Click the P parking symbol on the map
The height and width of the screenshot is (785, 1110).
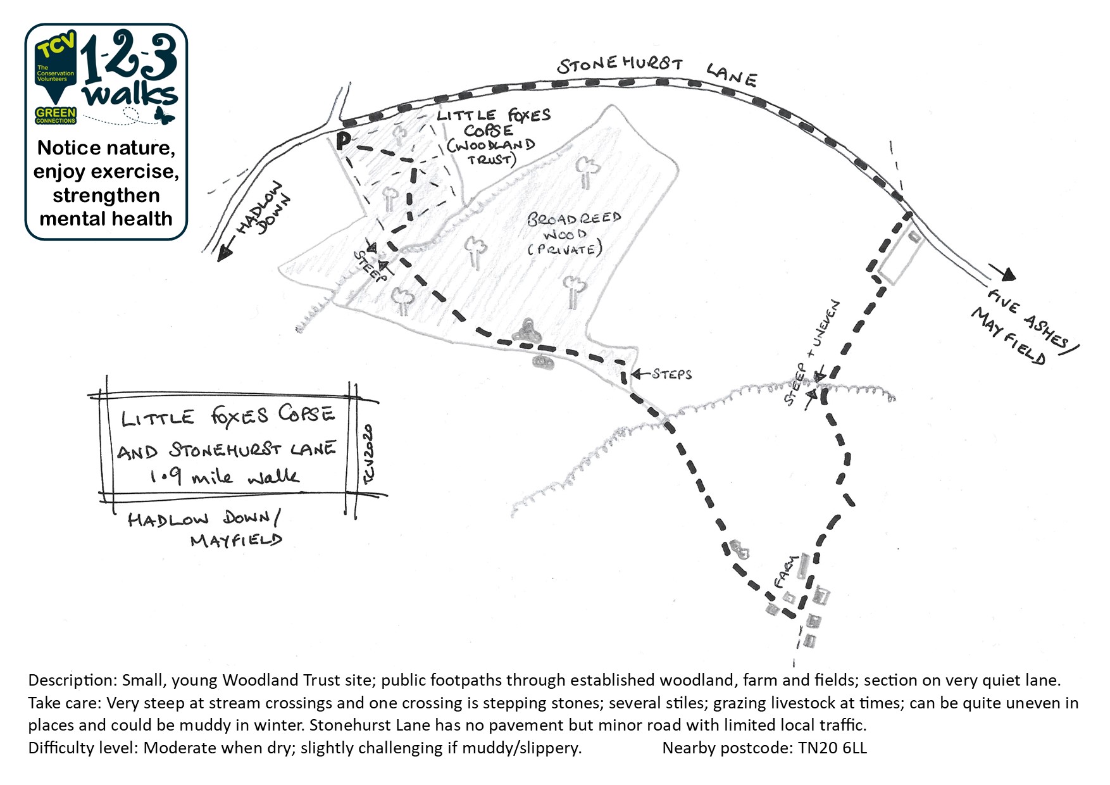pyautogui.click(x=343, y=141)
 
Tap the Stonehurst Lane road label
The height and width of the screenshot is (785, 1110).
pyautogui.click(x=656, y=70)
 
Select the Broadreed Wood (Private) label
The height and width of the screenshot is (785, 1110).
pyautogui.click(x=573, y=234)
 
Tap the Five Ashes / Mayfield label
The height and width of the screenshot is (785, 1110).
pyautogui.click(x=1026, y=326)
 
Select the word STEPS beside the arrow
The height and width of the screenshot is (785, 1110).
pyautogui.click(x=672, y=374)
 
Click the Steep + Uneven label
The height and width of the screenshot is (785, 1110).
pyautogui.click(x=812, y=353)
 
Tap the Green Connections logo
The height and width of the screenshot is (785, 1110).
pyautogui.click(x=56, y=115)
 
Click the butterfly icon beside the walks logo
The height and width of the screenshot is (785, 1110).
pyautogui.click(x=165, y=115)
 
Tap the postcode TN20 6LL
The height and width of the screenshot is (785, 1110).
pyautogui.click(x=832, y=748)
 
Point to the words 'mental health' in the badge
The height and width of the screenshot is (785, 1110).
pyautogui.click(x=106, y=218)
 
